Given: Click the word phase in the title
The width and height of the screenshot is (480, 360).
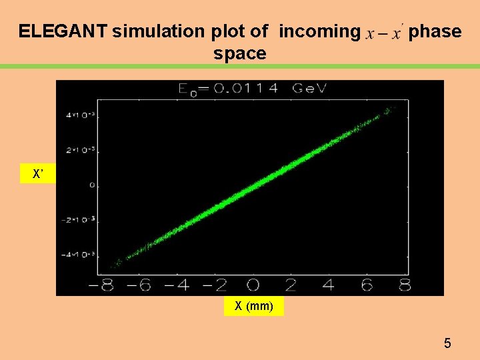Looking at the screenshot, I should (x=435, y=31).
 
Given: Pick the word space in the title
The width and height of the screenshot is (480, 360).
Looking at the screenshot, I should (x=240, y=53).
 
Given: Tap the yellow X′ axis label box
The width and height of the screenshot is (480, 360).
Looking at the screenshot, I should (x=38, y=175).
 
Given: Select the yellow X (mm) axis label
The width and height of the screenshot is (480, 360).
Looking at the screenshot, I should (x=254, y=307).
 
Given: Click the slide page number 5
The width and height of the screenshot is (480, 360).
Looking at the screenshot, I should (x=447, y=344).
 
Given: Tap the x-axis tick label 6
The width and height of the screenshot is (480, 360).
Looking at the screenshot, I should (x=367, y=285).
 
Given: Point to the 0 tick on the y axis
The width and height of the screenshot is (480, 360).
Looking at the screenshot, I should (x=92, y=185).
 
